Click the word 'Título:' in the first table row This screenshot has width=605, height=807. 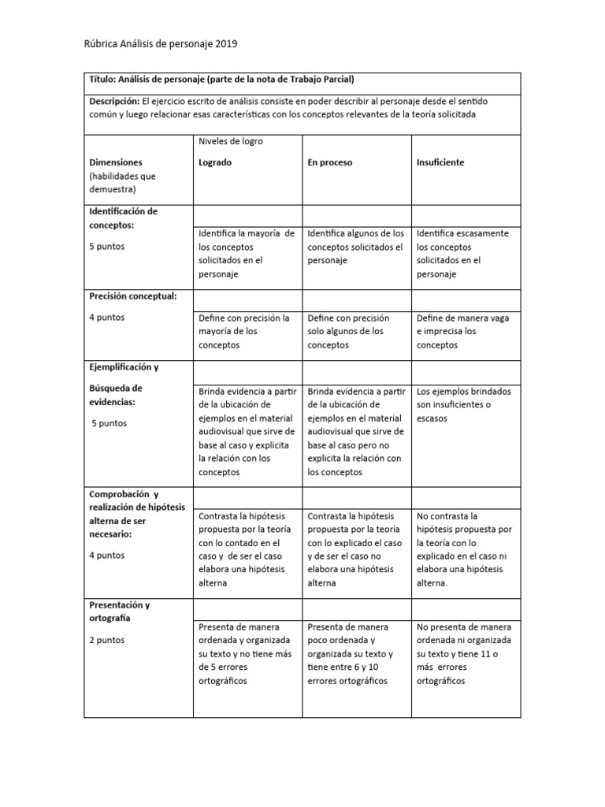coord(105,80)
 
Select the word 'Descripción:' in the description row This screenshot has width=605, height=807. coord(114,101)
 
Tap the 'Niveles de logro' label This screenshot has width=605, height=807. coord(230,141)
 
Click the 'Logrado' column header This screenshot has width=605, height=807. coord(215,162)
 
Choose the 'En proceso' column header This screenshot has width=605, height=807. coord(329,162)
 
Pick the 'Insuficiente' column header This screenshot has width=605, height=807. coord(440,162)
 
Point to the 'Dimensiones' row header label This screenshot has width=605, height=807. coord(116,162)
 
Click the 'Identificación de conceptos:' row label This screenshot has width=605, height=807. coord(123,218)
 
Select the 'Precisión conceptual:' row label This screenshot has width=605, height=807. coord(132,296)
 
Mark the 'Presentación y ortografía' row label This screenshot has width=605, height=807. coord(119,612)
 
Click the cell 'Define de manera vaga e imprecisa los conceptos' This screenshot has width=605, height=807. coord(462,331)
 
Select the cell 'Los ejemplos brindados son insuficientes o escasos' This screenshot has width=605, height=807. coord(463,404)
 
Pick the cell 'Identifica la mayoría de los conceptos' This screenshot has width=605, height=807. coord(246,254)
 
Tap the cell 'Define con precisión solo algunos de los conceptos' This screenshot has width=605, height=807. coord(354,331)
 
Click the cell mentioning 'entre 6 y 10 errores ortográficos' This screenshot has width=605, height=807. coord(354,653)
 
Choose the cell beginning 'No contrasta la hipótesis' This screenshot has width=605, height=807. coord(463,549)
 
